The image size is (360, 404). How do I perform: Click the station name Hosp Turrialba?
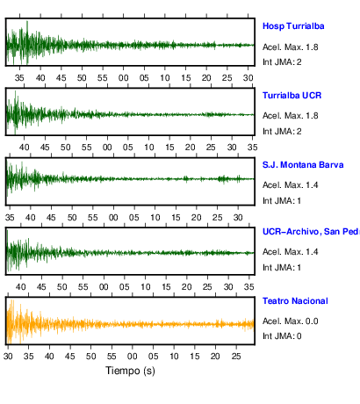[293, 26]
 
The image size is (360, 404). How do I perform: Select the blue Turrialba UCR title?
[292, 96]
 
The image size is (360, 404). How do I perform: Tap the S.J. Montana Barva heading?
[303, 165]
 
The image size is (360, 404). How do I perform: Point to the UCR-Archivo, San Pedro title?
[311, 232]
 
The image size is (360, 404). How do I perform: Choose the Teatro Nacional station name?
[295, 301]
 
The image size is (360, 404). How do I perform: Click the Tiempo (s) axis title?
[130, 371]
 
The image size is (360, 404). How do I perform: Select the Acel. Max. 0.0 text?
[291, 321]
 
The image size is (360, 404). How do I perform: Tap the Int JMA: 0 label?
[282, 335]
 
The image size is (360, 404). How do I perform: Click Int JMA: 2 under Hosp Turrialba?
[282, 62]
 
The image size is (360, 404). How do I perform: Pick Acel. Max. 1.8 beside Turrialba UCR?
[291, 116]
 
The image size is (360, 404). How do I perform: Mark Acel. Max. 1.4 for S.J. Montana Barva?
[291, 185]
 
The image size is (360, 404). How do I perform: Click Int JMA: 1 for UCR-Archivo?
[282, 268]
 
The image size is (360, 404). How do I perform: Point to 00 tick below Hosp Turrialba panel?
[123, 78]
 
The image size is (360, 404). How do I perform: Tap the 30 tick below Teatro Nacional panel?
[8, 357]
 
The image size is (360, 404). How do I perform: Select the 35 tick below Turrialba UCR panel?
[252, 148]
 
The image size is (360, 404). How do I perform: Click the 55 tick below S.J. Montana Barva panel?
[93, 218]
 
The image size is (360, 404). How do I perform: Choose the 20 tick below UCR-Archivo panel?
[186, 287]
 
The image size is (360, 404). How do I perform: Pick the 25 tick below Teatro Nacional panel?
[236, 357]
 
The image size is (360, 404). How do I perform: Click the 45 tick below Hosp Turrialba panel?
[61, 78]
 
